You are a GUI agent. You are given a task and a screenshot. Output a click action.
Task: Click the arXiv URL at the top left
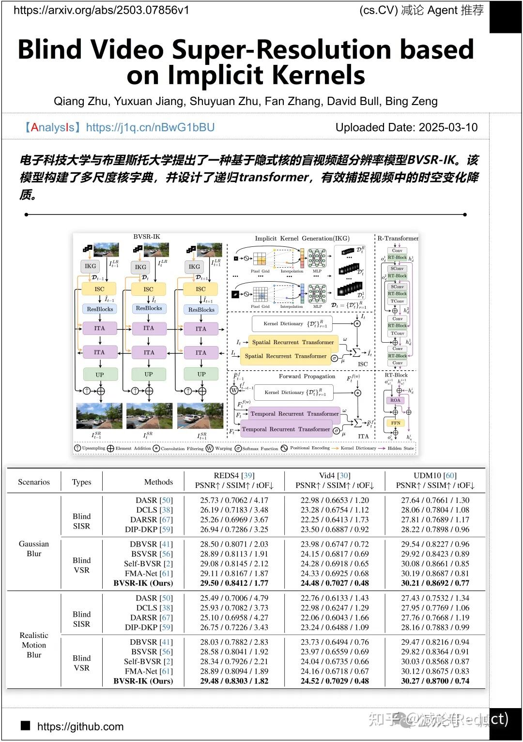(x=101, y=10)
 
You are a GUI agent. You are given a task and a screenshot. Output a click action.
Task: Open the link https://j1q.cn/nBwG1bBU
(x=150, y=127)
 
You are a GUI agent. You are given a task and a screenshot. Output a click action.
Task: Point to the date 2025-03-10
(x=448, y=127)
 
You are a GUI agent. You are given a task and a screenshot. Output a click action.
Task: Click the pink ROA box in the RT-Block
(x=395, y=400)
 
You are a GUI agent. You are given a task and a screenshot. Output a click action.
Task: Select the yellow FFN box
(x=395, y=423)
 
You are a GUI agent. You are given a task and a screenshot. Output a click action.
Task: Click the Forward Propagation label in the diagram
(x=307, y=376)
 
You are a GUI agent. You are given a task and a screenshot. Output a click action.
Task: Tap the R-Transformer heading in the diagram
(x=398, y=238)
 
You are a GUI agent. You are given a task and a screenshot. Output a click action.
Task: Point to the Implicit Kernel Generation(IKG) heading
(x=302, y=238)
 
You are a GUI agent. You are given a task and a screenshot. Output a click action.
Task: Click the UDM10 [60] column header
(x=435, y=475)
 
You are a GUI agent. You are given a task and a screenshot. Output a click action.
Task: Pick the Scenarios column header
(x=34, y=482)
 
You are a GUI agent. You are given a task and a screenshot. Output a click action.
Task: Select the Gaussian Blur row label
(x=34, y=548)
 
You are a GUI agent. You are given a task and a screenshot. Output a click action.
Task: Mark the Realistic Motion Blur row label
(x=34, y=645)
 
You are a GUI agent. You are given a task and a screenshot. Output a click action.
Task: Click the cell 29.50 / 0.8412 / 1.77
(x=234, y=583)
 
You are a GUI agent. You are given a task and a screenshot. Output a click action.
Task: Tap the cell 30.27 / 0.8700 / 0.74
(x=435, y=681)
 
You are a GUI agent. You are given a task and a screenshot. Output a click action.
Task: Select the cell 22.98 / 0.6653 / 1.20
(x=335, y=500)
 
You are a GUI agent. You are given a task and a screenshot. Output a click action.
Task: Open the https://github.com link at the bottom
(x=80, y=727)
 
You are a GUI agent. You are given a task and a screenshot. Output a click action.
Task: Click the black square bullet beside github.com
(x=26, y=726)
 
